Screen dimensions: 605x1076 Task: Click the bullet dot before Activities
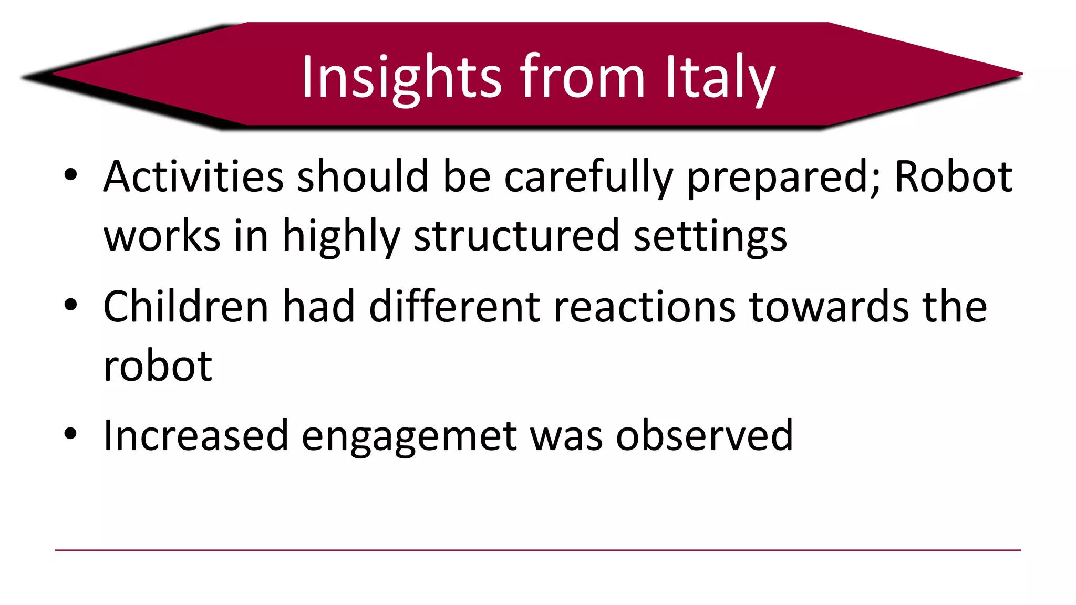[x=71, y=175]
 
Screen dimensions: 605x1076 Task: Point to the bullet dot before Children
[x=71, y=305]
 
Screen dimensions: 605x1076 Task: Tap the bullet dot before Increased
[x=71, y=434]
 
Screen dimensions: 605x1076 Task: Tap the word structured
[x=516, y=236]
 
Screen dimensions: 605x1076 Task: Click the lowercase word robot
[x=158, y=366]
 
